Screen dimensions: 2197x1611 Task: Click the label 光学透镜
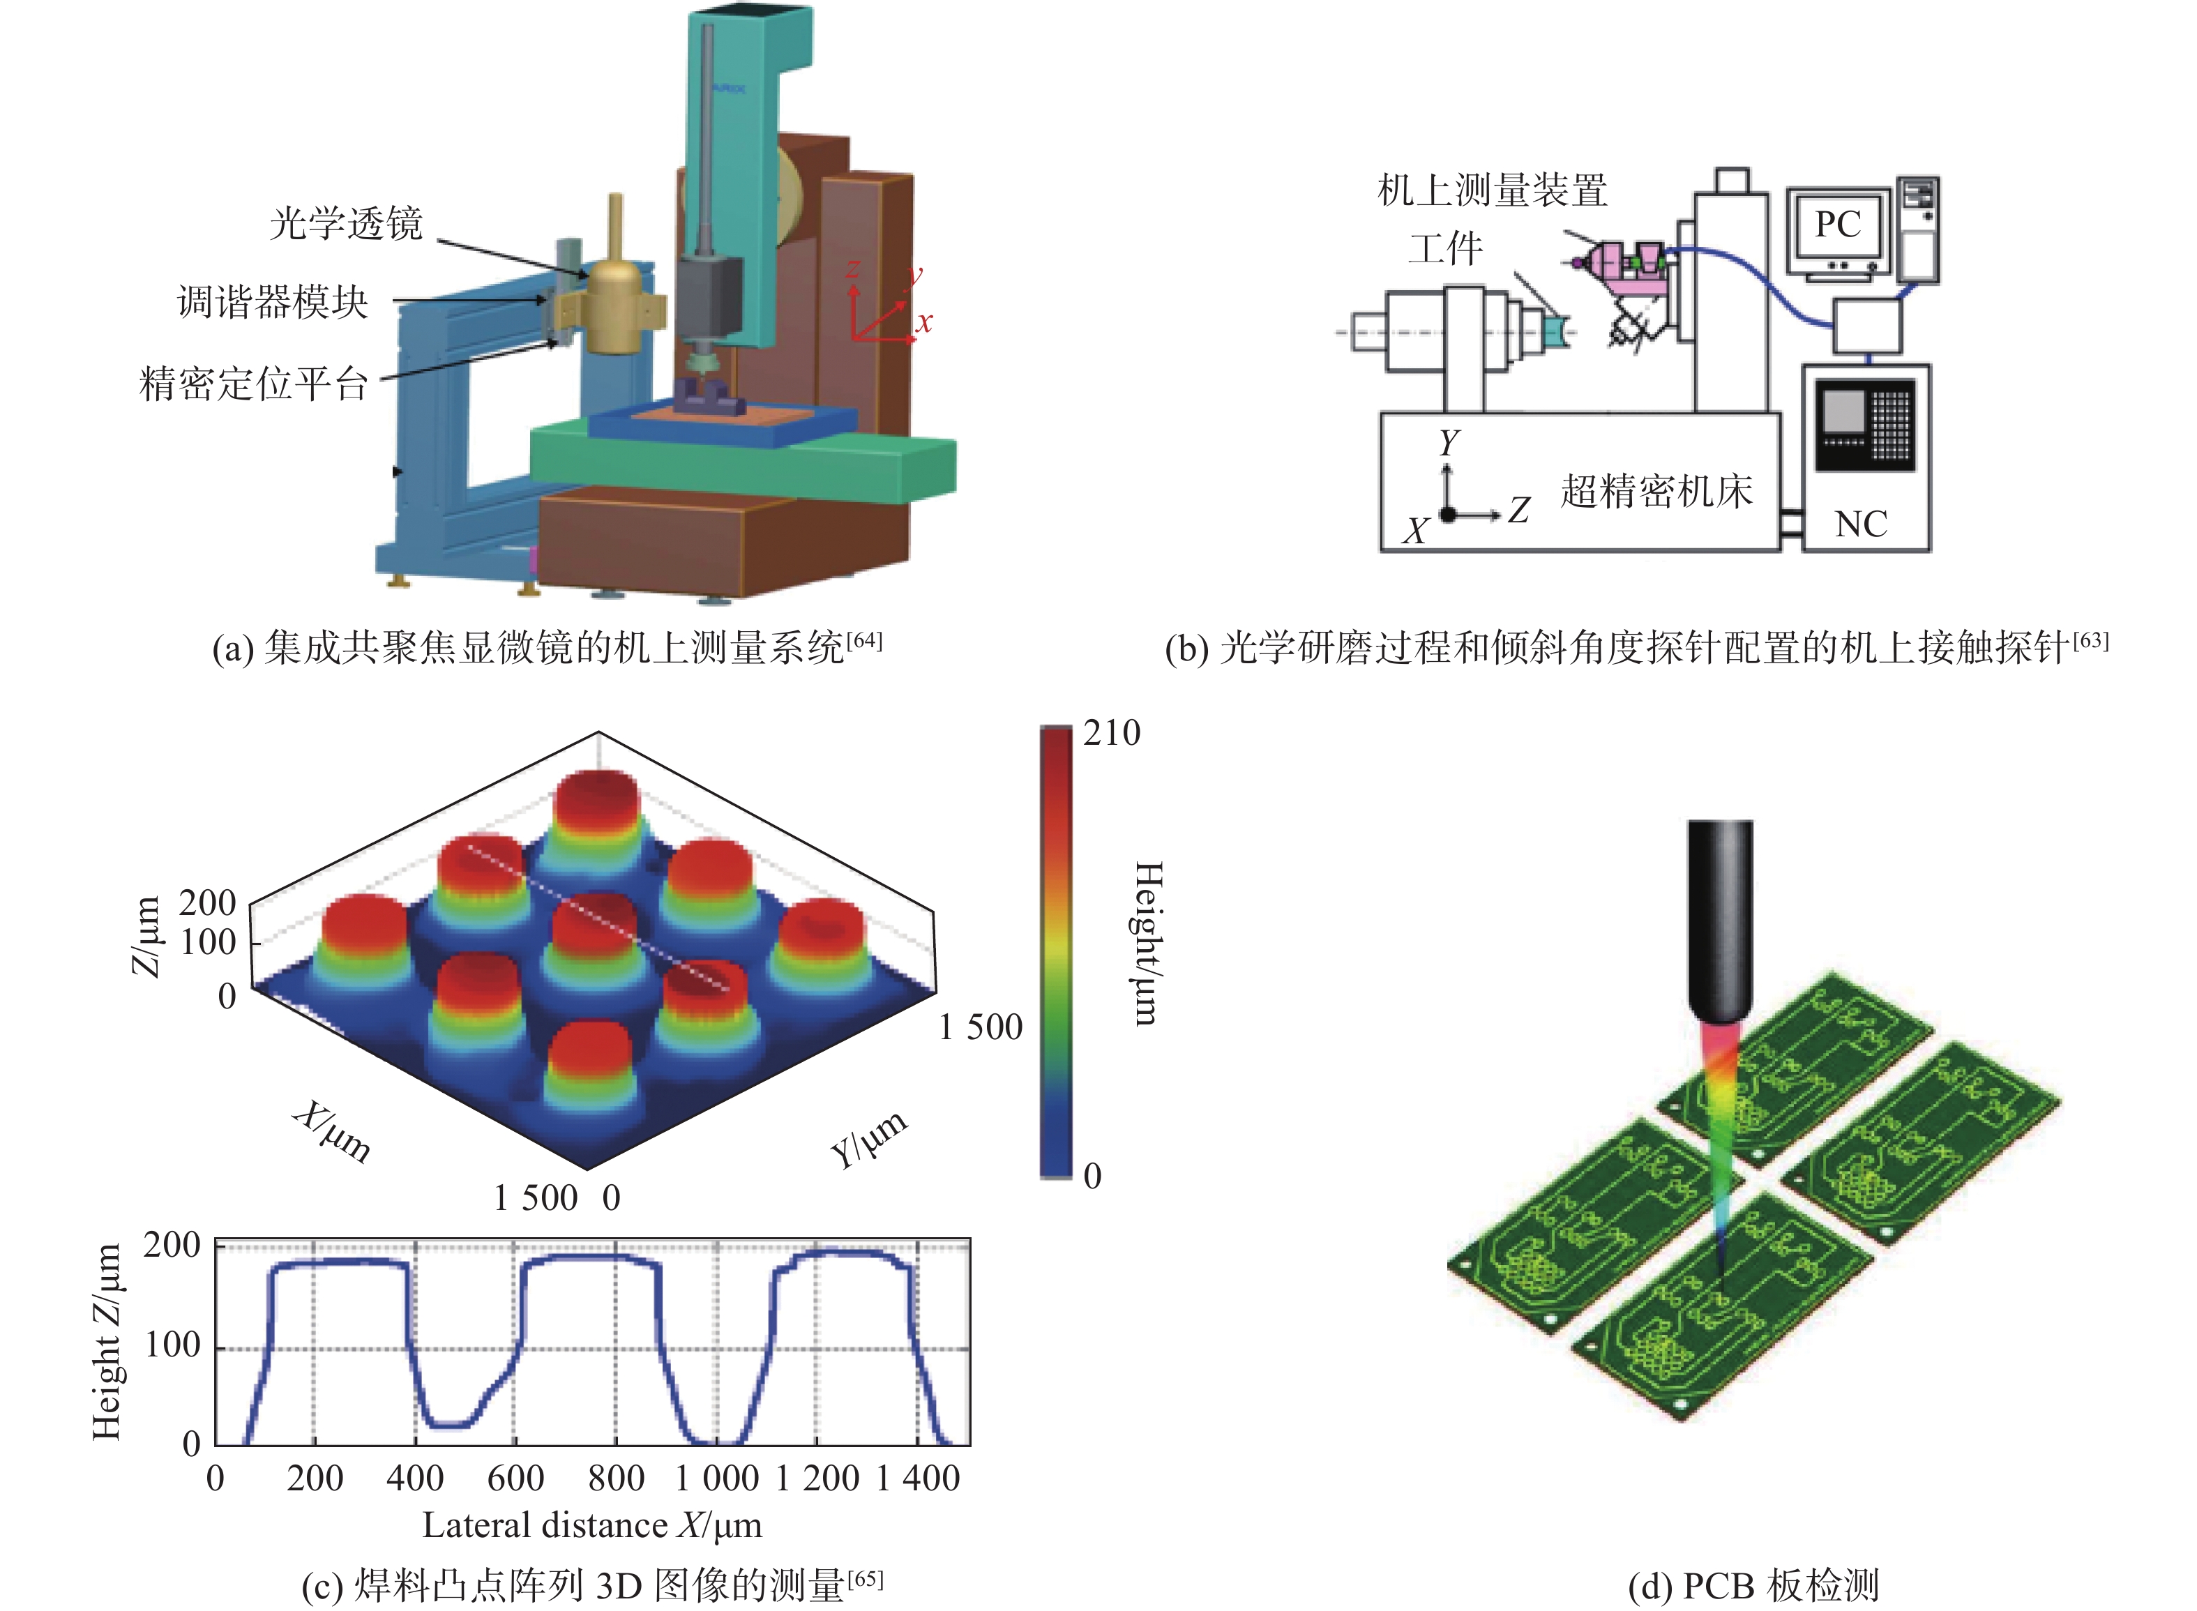click(346, 223)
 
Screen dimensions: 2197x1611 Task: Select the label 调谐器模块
click(272, 302)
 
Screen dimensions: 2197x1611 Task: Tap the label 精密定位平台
click(254, 384)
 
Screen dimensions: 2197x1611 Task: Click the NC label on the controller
click(1861, 524)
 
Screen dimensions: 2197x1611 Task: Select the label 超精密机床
click(1656, 490)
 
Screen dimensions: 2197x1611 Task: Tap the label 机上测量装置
click(1492, 190)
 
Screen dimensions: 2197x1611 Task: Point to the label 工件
click(1445, 249)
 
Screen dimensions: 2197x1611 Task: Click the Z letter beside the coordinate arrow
click(1518, 509)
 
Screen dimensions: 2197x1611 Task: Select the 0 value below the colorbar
click(1092, 1176)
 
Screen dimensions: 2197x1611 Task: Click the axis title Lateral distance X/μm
click(592, 1525)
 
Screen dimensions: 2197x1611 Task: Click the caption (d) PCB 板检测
click(1753, 1587)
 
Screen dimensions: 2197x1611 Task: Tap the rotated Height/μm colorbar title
click(1149, 943)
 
